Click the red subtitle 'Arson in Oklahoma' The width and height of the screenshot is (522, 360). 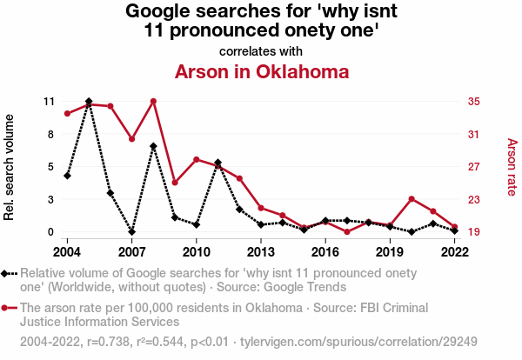coord(262,71)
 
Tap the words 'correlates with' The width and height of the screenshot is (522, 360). coord(262,51)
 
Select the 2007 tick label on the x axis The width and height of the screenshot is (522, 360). coord(131,251)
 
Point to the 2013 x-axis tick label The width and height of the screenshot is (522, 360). coord(260,251)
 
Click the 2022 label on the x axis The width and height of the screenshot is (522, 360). coord(454,251)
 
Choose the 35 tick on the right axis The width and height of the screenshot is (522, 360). coord(474,102)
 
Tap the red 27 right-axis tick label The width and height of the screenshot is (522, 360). coord(474,167)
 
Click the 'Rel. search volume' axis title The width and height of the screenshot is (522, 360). coord(10,167)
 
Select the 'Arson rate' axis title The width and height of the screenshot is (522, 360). coord(512,167)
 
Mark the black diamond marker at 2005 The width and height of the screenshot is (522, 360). coord(89,102)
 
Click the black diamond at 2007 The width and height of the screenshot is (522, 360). coord(131,232)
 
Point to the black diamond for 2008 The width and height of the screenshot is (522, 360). coord(153,146)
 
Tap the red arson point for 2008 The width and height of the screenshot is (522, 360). coord(153,101)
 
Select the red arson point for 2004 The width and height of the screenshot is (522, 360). coord(67,114)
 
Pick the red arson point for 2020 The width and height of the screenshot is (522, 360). coord(412,199)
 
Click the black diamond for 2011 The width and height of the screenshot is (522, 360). coord(217,163)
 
